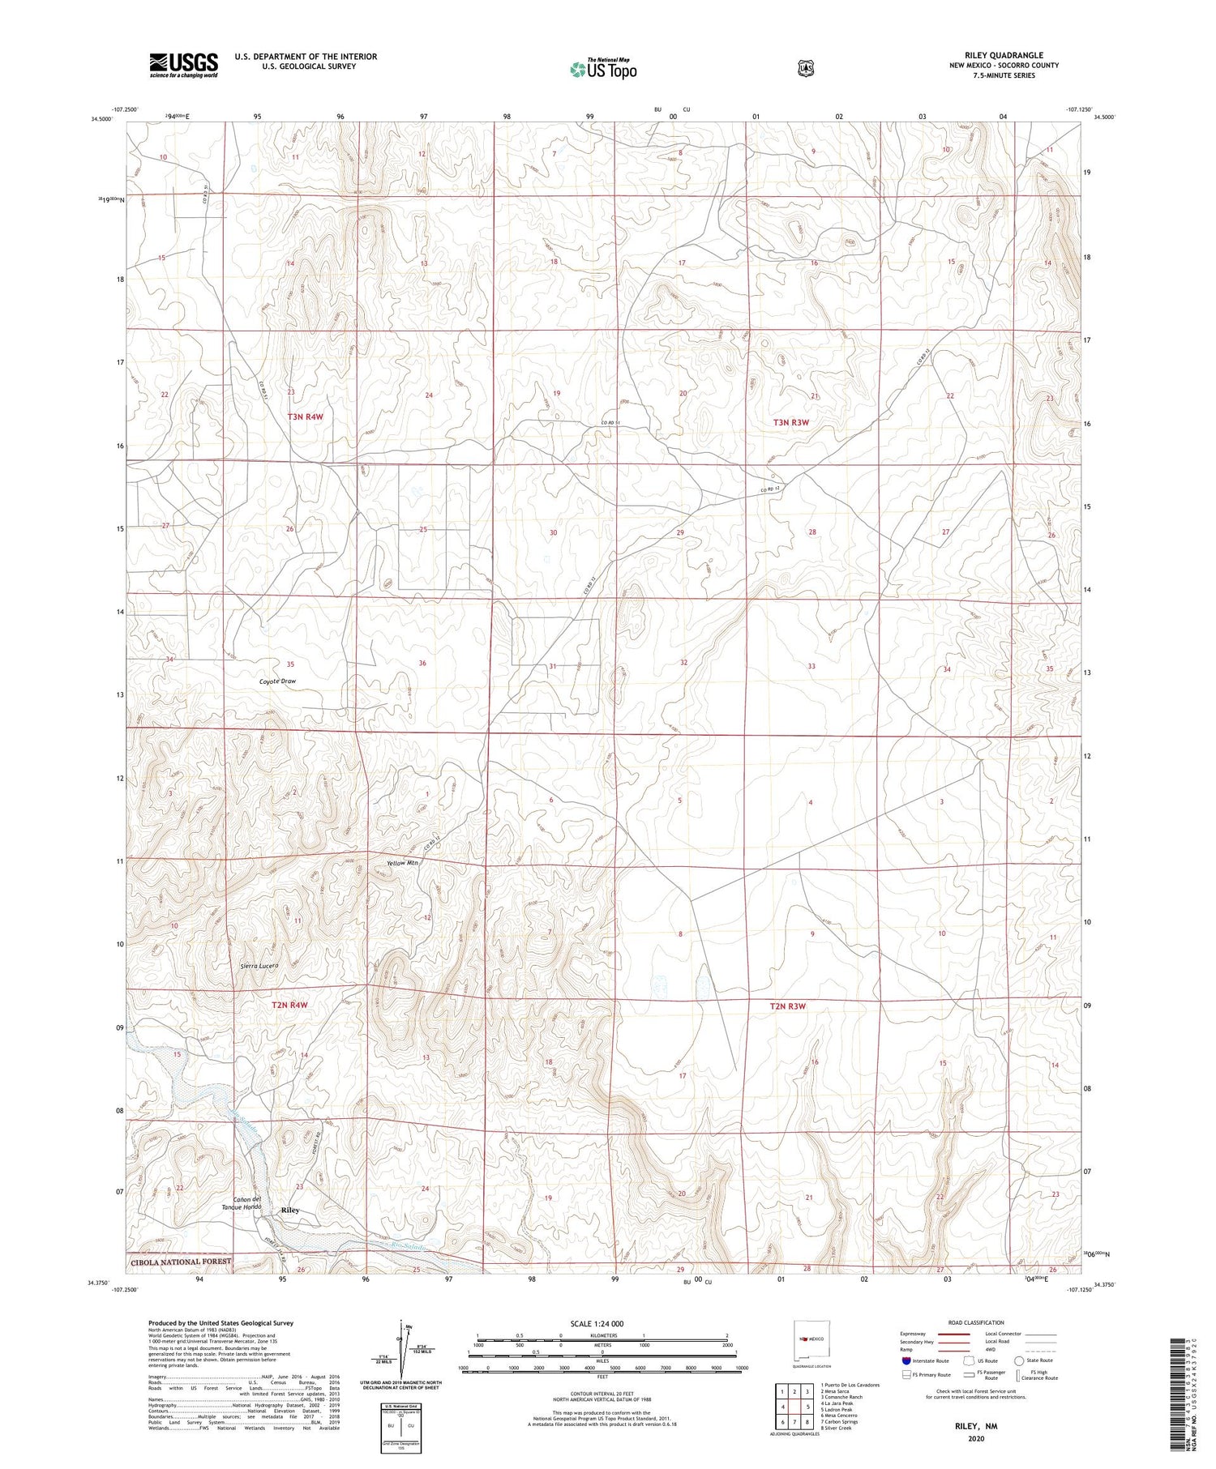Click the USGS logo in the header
pyautogui.click(x=183, y=65)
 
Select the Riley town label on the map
pyautogui.click(x=289, y=1210)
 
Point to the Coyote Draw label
pyautogui.click(x=277, y=681)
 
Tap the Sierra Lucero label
pyautogui.click(x=260, y=966)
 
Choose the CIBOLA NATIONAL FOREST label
pyautogui.click(x=180, y=1262)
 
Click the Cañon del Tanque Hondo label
pyautogui.click(x=246, y=1203)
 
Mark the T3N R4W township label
pyautogui.click(x=305, y=416)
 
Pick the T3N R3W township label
pyautogui.click(x=790, y=422)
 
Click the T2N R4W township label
pyautogui.click(x=289, y=1006)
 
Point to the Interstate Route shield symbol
pyautogui.click(x=906, y=1360)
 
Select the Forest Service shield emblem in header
pyautogui.click(x=805, y=69)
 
